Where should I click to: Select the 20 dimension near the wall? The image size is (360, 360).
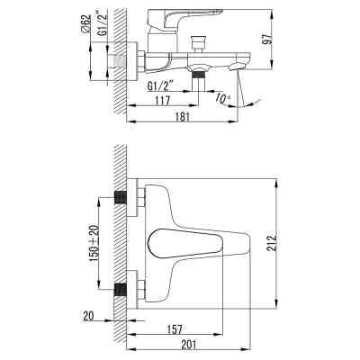click(x=87, y=316)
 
